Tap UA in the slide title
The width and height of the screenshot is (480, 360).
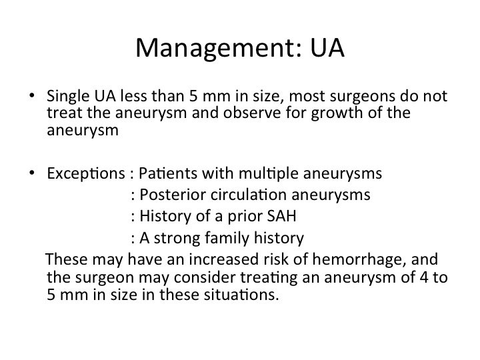pyautogui.click(x=327, y=48)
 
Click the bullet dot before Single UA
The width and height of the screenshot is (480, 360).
pyautogui.click(x=32, y=95)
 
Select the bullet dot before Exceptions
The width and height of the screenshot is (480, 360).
pyautogui.click(x=32, y=173)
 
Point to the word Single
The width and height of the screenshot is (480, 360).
pyautogui.click(x=68, y=97)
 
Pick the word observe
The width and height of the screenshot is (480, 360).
pyautogui.click(x=252, y=113)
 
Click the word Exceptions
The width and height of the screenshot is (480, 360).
pyautogui.click(x=86, y=174)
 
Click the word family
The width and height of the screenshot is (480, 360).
pyautogui.click(x=227, y=238)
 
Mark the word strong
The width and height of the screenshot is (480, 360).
pyautogui.click(x=177, y=239)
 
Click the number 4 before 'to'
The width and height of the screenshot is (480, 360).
pyautogui.click(x=424, y=277)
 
